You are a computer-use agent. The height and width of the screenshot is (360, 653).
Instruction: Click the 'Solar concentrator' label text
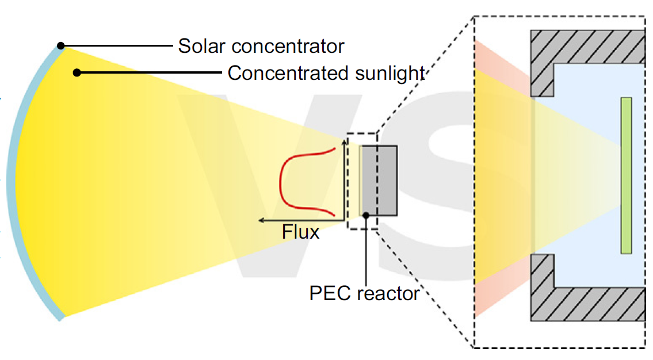pos(261,46)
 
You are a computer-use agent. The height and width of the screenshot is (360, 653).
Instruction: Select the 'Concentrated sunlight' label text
pos(326,74)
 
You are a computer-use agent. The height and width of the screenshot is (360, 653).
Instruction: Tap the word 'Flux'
pos(300,233)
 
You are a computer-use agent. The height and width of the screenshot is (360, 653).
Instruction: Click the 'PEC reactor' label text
pos(364,293)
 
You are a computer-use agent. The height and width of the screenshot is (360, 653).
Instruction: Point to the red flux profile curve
pos(282,181)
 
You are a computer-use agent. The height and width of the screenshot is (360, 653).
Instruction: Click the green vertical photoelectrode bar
pos(626,175)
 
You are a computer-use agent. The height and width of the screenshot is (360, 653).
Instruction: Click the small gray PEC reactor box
pos(380,181)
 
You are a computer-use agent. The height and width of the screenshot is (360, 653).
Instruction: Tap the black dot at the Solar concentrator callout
pos(60,45)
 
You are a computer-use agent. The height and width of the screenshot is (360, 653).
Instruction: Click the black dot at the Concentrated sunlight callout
pos(77,72)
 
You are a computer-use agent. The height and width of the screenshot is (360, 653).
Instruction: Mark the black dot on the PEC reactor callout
pos(366,215)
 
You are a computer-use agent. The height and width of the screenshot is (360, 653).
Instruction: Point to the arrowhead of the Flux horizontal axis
pos(261,220)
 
